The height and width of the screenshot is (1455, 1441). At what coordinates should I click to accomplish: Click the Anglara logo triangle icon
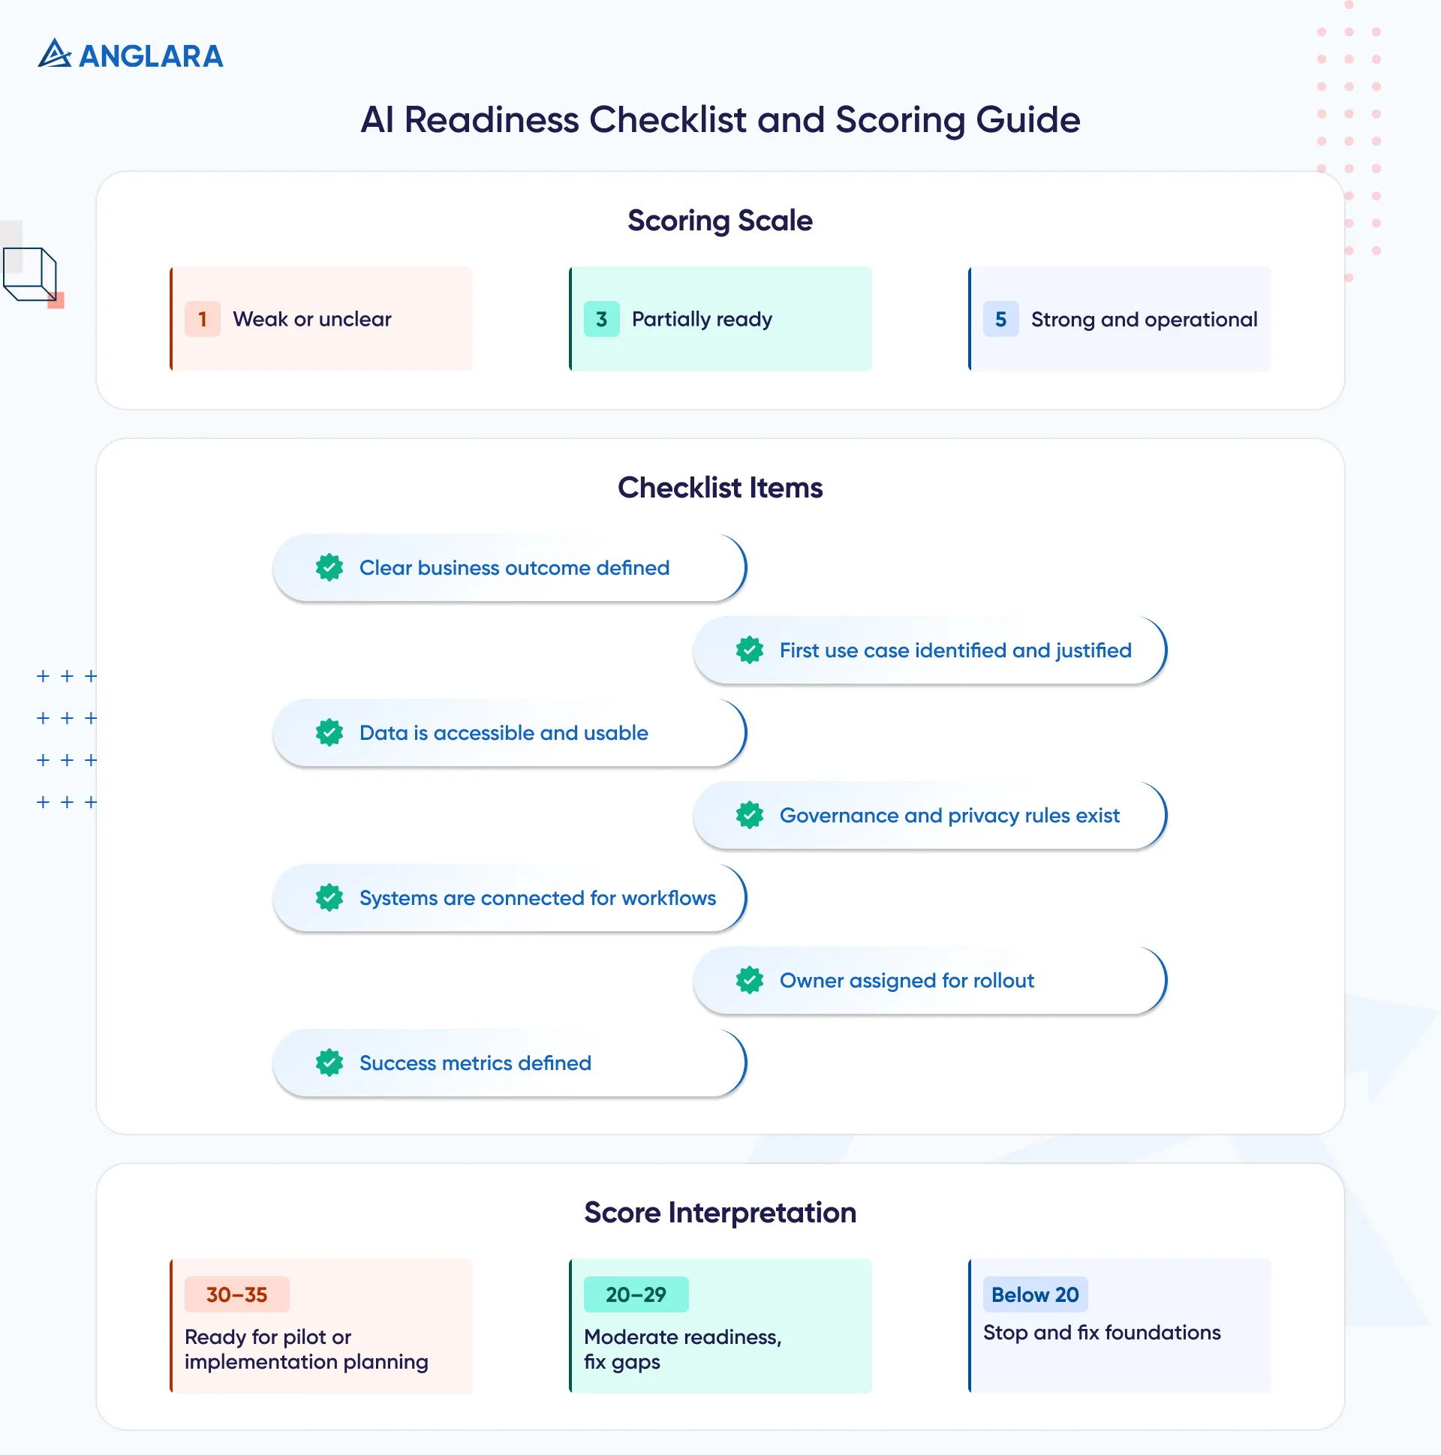tap(54, 54)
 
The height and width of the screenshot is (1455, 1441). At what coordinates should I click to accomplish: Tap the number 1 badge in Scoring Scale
tap(202, 320)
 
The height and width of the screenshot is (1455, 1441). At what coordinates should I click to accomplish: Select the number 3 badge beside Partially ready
tap(601, 320)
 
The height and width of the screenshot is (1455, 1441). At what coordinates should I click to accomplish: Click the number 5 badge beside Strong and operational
tap(1000, 320)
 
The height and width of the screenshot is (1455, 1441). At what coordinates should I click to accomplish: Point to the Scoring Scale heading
tap(719, 221)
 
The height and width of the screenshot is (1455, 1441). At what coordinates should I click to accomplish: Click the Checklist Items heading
tap(719, 488)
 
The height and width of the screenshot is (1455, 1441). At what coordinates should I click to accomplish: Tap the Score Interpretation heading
tap(719, 1213)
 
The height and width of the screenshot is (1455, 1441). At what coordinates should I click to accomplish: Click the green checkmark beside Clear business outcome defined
tap(329, 568)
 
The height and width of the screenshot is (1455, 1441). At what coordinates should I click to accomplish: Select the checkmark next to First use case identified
tap(750, 650)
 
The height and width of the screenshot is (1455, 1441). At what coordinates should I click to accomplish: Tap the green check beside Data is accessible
tap(329, 733)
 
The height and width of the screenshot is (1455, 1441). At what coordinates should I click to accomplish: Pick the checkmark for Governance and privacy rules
tap(750, 815)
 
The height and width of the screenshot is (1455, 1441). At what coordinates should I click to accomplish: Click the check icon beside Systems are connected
tap(329, 897)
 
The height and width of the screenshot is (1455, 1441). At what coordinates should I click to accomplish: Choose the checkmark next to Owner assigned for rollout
tap(750, 980)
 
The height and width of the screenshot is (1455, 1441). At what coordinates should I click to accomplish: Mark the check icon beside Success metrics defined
tap(329, 1063)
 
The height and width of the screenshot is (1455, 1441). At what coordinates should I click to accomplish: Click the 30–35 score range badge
tap(236, 1294)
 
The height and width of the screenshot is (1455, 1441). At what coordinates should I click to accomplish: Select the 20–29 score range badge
tap(636, 1294)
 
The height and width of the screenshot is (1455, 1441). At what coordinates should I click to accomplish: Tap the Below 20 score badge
tap(1035, 1294)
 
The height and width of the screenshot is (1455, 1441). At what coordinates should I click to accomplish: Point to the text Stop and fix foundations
tap(1101, 1332)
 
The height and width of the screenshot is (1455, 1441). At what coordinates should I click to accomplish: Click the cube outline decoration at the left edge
tap(30, 274)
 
